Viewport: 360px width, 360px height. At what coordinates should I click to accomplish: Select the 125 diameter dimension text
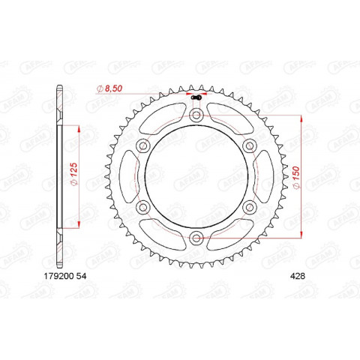tap(73, 175)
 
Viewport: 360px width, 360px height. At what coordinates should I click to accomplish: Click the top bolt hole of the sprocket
tap(196, 115)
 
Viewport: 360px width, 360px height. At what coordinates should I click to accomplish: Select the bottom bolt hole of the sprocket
tap(196, 238)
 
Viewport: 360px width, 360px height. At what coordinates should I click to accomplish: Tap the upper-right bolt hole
tap(249, 146)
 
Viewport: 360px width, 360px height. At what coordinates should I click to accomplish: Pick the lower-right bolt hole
tap(249, 208)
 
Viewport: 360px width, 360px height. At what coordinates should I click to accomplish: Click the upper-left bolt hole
tap(142, 146)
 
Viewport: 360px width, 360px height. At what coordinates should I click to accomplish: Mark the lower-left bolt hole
tap(142, 208)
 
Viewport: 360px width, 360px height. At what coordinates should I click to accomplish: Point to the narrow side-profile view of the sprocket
tap(59, 177)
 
